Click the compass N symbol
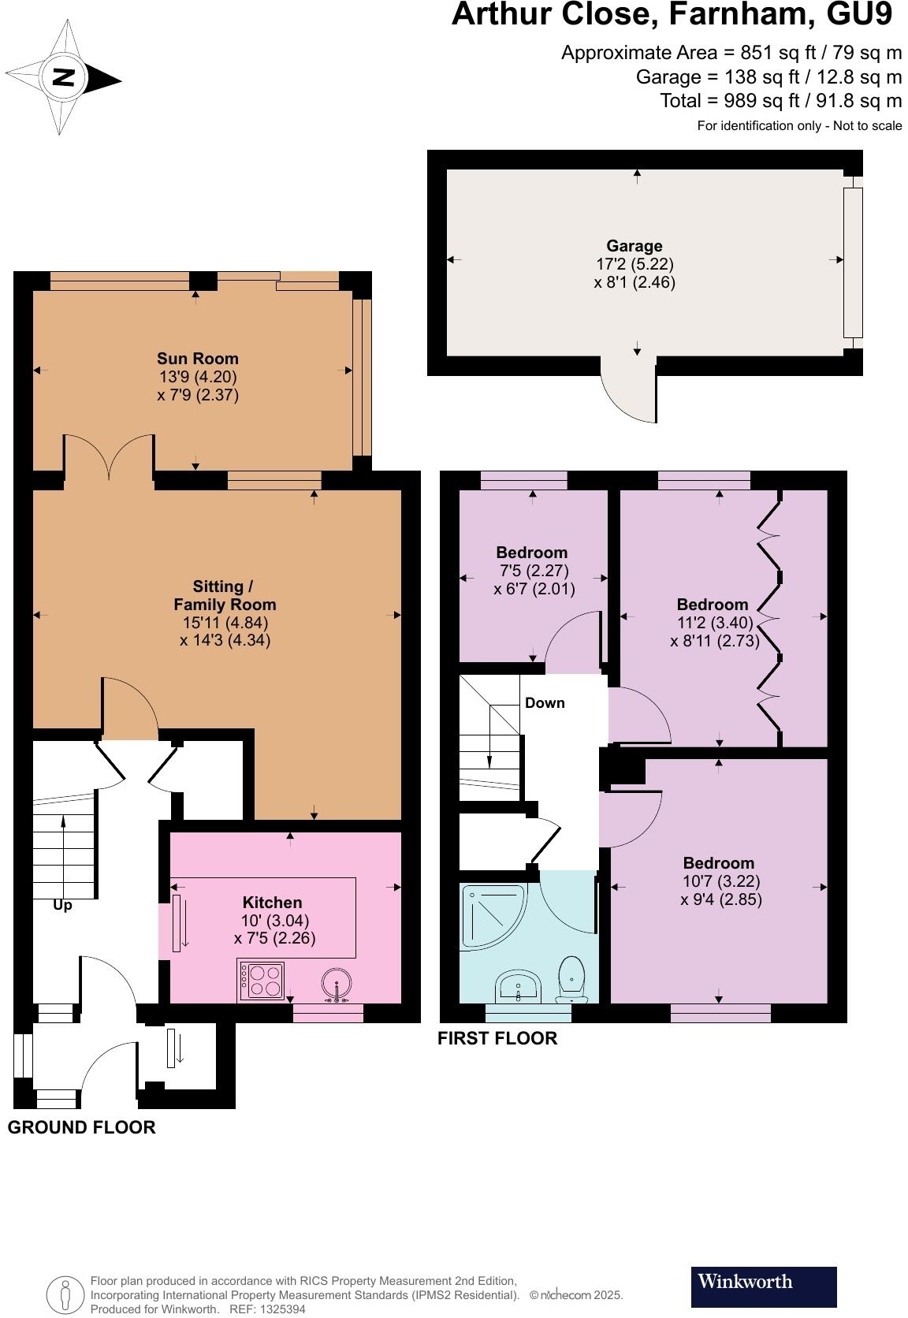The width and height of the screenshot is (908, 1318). coord(64,78)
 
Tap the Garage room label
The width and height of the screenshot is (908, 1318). coord(634,246)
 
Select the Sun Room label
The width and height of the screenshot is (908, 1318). coord(197,359)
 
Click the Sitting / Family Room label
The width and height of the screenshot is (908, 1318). coord(225,596)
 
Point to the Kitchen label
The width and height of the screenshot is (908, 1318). coord(272,903)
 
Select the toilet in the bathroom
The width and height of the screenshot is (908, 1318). coord(571,977)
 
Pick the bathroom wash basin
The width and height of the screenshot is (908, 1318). coord(518,985)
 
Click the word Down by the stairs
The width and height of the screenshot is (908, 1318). coord(545,703)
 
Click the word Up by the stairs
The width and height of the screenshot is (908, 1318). coord(62,906)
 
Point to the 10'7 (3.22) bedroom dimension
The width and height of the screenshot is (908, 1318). coord(720,881)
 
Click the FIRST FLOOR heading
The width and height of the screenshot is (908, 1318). coord(497,1038)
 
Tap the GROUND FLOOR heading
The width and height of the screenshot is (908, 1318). coord(81,1127)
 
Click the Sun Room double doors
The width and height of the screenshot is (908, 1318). coord(110,457)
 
